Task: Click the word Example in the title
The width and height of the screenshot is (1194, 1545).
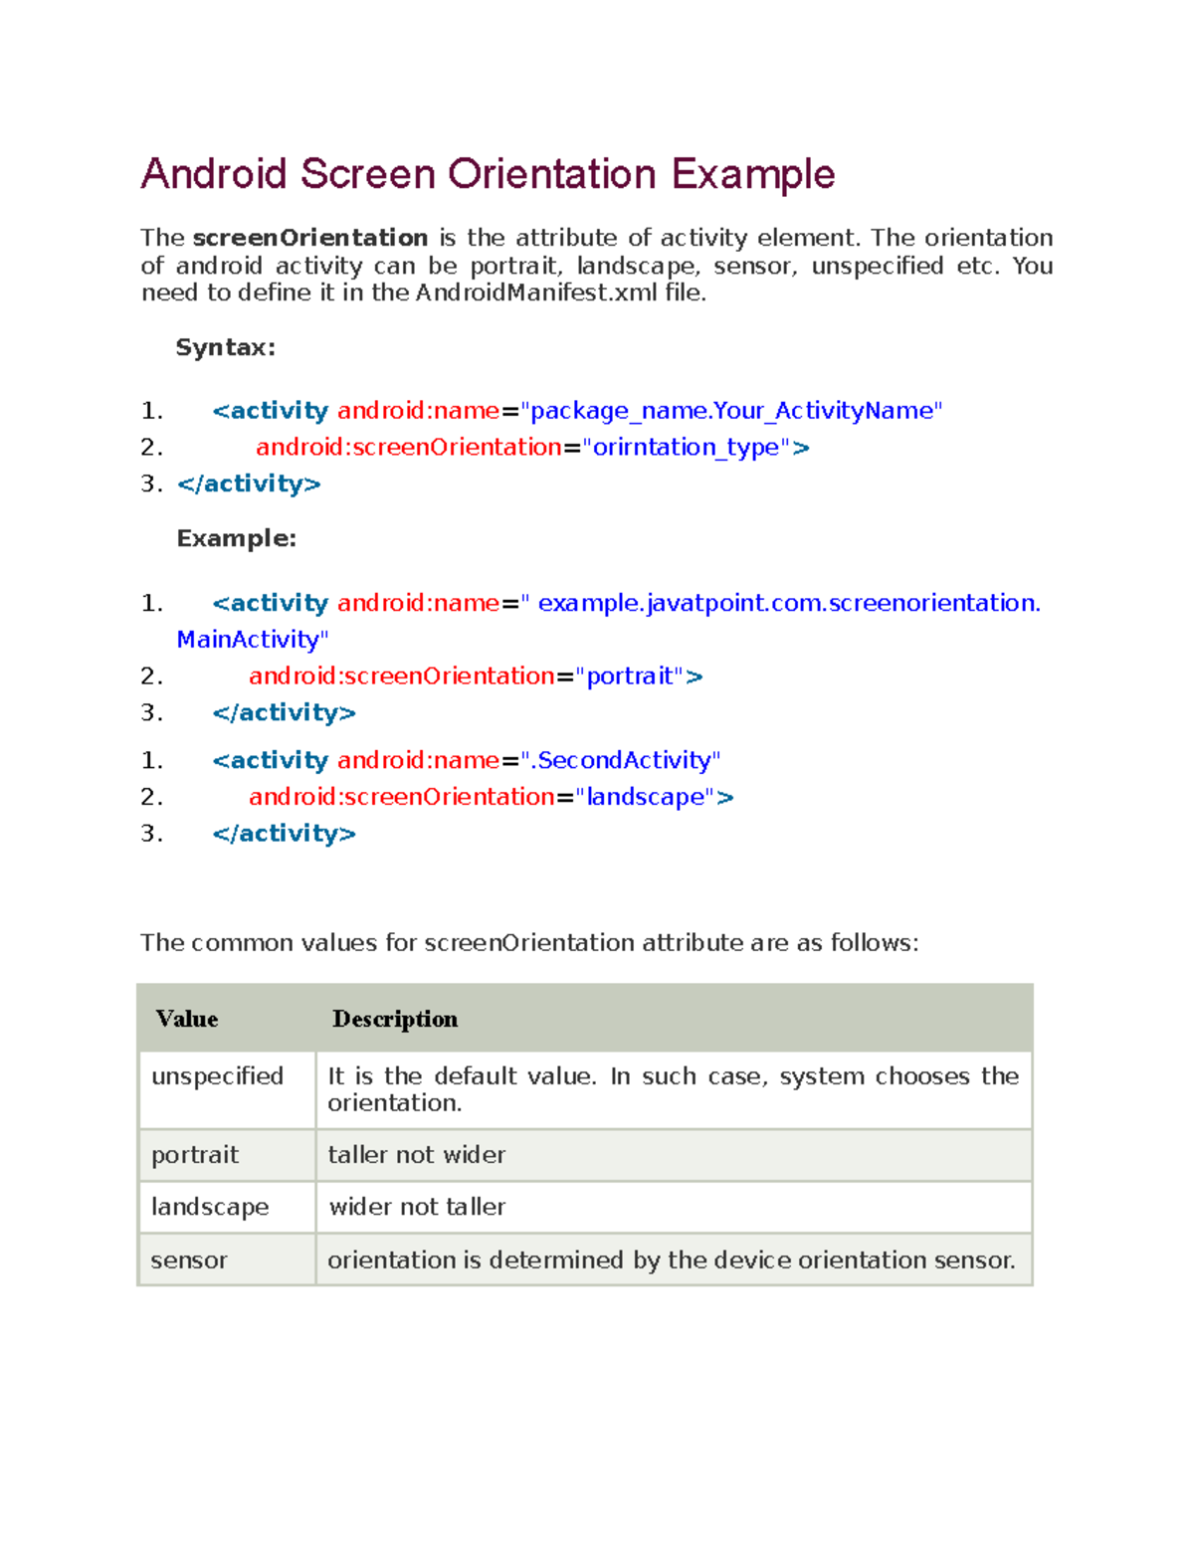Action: pos(752,175)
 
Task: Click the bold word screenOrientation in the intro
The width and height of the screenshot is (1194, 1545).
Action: pos(309,238)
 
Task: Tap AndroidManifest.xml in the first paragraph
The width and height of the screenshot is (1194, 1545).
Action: pos(536,292)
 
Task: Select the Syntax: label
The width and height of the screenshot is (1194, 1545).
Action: pos(226,347)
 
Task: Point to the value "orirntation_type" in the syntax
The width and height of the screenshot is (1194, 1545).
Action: pos(686,448)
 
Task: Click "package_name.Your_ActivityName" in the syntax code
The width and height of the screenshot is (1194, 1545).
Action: pos(731,411)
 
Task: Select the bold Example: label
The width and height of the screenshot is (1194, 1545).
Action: pos(237,538)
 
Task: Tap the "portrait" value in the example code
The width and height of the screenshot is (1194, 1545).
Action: pos(630,676)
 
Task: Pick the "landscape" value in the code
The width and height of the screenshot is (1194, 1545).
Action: pos(646,797)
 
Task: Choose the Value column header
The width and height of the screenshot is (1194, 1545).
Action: pos(187,1019)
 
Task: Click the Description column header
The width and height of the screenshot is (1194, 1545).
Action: pos(395,1019)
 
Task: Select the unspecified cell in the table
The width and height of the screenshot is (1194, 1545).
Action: pos(217,1076)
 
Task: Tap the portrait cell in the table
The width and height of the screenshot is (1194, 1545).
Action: pos(195,1155)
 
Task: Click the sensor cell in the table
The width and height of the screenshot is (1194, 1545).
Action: pos(189,1260)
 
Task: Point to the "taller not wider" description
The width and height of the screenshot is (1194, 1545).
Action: pos(417,1155)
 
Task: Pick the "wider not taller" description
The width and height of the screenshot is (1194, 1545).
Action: pos(417,1207)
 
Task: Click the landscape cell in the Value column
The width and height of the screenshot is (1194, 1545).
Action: pos(210,1207)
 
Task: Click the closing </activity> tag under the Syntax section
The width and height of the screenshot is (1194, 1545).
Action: pos(249,484)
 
